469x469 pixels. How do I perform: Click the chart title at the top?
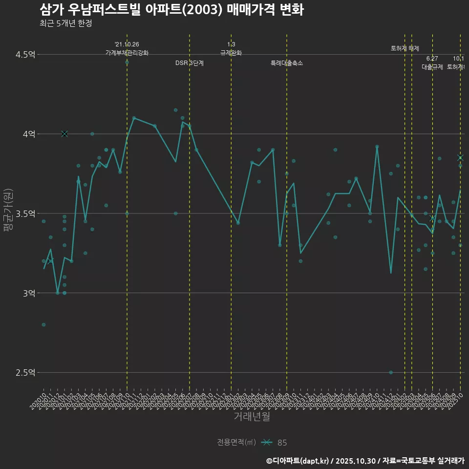[171, 9]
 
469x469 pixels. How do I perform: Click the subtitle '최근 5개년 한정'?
[65, 23]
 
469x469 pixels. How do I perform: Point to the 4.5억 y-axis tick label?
[25, 54]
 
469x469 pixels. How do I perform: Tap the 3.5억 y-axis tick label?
[25, 213]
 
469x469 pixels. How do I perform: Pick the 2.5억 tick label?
[25, 373]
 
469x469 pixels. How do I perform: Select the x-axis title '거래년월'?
[252, 417]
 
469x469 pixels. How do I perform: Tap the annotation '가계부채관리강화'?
[127, 53]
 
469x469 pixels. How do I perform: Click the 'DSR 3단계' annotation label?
[190, 63]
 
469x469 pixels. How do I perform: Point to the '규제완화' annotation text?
[231, 53]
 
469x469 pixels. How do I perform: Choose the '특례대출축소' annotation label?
[287, 63]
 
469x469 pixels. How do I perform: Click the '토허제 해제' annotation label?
[405, 48]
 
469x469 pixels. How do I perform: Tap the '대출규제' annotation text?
[432, 67]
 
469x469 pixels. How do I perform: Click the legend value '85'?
[282, 443]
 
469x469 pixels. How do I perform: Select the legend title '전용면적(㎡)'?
[236, 443]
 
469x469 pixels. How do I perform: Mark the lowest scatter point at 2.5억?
[391, 372]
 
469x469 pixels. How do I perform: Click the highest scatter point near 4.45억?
[127, 62]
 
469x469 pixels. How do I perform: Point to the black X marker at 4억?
[64, 134]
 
